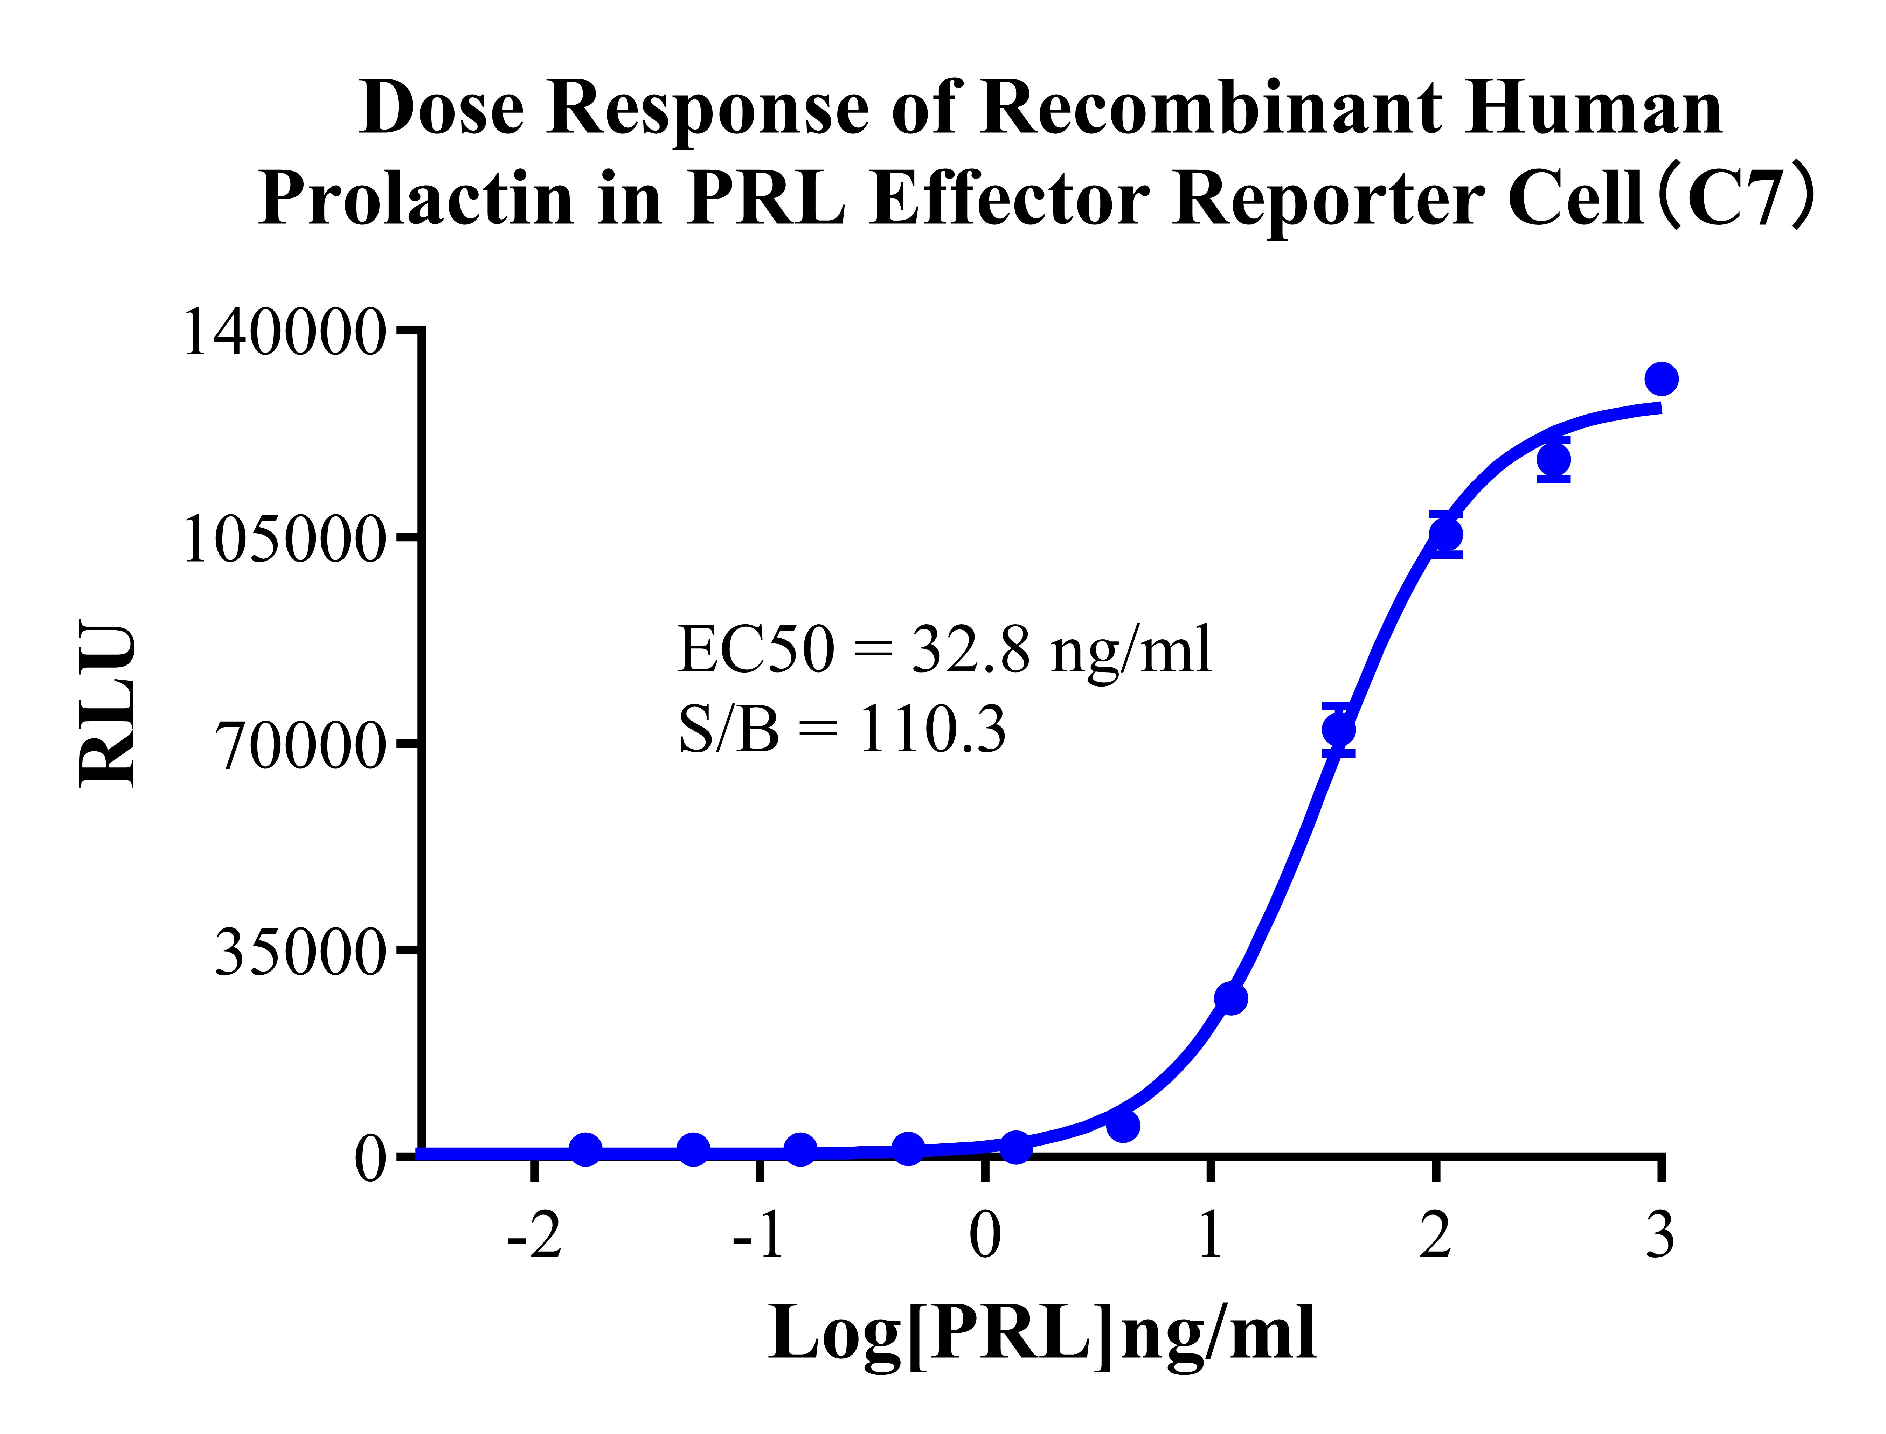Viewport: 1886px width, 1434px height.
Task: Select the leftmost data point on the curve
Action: click(586, 1150)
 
